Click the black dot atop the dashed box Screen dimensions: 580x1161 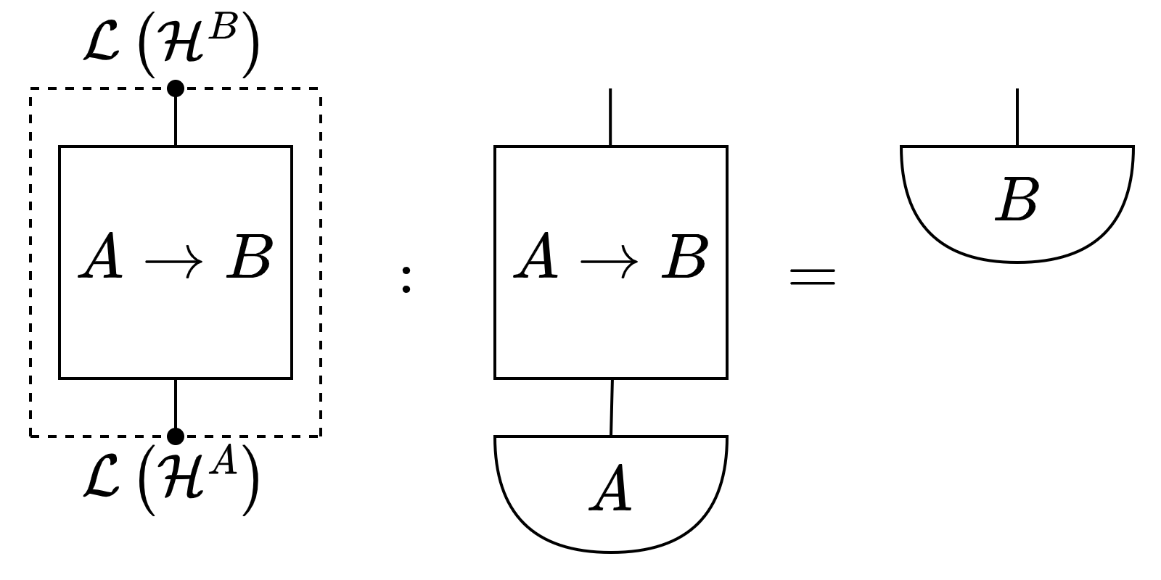[176, 88]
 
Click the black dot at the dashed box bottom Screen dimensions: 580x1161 [176, 436]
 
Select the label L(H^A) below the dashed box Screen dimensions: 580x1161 [171, 479]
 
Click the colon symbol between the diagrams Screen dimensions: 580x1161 [406, 279]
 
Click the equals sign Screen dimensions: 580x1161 [813, 276]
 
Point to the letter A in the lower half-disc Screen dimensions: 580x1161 [611, 490]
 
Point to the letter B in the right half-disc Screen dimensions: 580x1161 [1017, 199]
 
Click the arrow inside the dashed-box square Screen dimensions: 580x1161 [173, 263]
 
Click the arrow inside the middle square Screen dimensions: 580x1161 [609, 263]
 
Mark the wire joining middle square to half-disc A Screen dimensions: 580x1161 [612, 407]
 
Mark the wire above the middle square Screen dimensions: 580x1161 [610, 117]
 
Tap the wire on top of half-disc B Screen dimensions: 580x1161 [1017, 117]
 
